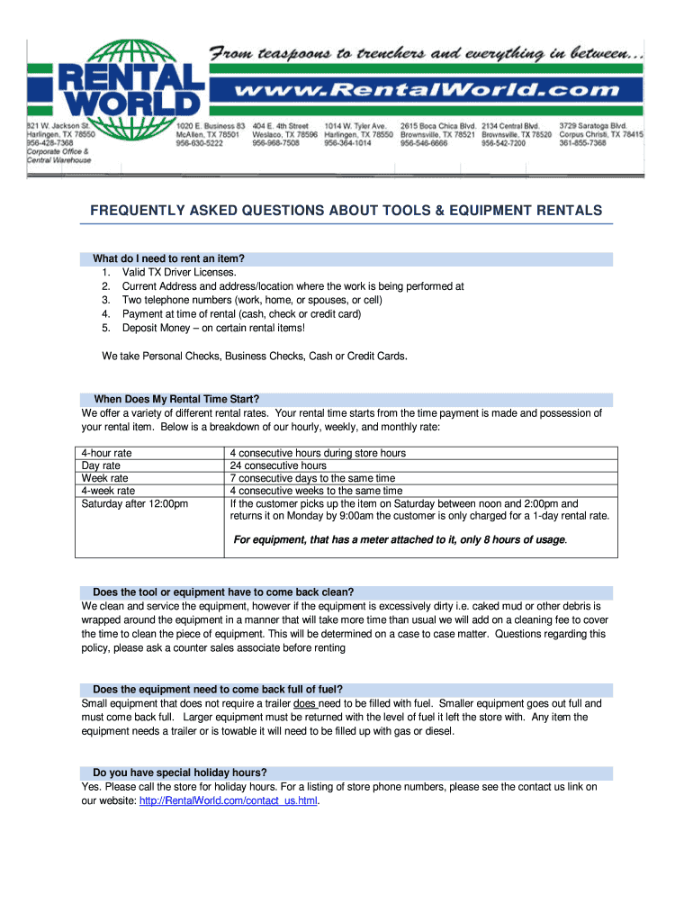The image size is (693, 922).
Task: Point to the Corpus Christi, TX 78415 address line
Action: pos(601,134)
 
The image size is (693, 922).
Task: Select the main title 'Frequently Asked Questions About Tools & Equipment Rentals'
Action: pos(346,211)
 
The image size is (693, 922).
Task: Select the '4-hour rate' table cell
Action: pos(107,453)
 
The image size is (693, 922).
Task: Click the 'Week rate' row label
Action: pos(105,478)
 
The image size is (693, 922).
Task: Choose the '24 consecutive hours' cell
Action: pos(278,466)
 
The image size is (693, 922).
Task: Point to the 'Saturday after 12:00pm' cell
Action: pos(135,503)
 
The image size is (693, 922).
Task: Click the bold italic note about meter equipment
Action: pos(400,540)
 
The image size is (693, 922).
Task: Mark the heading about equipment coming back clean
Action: pos(223,592)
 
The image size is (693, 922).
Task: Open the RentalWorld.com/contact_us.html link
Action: pos(229,800)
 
